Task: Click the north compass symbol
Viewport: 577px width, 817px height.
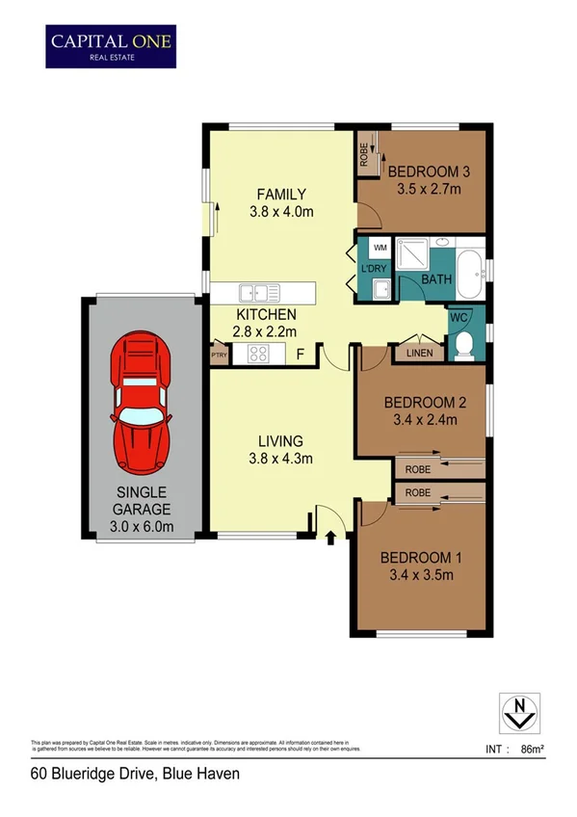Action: pos(519,713)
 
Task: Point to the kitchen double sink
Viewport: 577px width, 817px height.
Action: pos(260,291)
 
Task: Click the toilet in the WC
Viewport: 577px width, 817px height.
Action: pos(462,345)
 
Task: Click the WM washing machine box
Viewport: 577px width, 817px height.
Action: pos(380,249)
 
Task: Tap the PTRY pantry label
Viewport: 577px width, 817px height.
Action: pos(219,355)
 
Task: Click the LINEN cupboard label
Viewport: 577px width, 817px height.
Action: pos(419,354)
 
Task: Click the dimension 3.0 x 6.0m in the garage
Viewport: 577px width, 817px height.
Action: pos(142,526)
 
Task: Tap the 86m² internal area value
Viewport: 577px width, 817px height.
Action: pos(532,749)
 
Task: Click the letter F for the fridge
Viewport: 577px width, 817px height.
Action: pos(300,354)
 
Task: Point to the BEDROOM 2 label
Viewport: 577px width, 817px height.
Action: pos(425,402)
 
